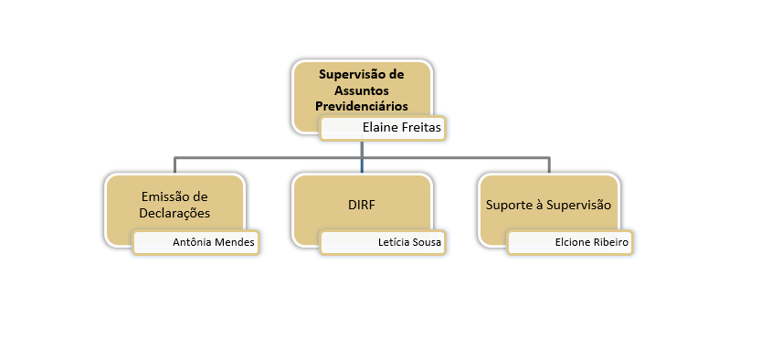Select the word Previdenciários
[362, 106]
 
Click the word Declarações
[176, 213]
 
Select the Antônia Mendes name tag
[195, 243]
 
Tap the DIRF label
[362, 205]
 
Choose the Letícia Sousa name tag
[383, 243]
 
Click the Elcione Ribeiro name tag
[570, 243]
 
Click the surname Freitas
[421, 129]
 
